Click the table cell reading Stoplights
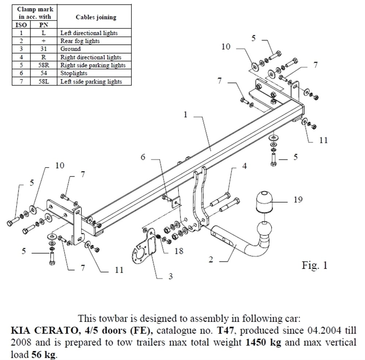coord(74,73)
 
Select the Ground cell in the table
coord(71,49)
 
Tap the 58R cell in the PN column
coord(43,65)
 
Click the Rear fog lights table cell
coord(80,41)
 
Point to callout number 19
coord(297,200)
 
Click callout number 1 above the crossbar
coord(185,115)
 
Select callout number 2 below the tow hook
coord(211,260)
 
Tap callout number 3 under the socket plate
coord(170,276)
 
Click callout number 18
coord(179,251)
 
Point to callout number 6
coord(143,157)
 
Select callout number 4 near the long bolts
coord(244,166)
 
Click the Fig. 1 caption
coord(315,265)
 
